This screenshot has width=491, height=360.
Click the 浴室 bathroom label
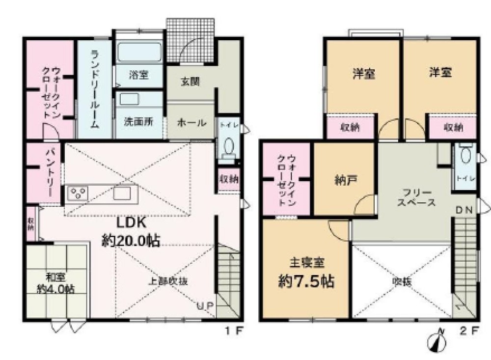[x=139, y=75]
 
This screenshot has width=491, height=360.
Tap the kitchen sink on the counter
[x=121, y=193]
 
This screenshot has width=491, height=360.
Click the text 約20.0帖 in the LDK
[x=130, y=240]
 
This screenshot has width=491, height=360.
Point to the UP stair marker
[x=205, y=305]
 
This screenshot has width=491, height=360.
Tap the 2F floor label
[x=468, y=331]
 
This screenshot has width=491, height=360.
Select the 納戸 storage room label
[x=346, y=179]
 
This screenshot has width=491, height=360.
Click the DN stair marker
[x=464, y=210]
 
